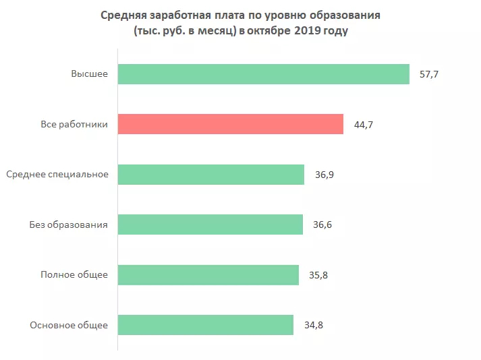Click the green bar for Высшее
[263, 74]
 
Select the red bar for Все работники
[230, 124]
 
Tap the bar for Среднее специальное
[210, 175]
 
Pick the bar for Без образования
[210, 224]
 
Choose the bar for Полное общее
[208, 275]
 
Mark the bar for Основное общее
[205, 325]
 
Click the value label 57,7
[429, 74]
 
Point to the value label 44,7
[363, 124]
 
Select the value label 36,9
[324, 175]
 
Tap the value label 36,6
[322, 224]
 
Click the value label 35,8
[318, 275]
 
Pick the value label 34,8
[313, 325]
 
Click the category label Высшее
[89, 74]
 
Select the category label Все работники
[74, 124]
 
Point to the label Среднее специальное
[57, 175]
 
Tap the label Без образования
[68, 224]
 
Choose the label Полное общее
[74, 275]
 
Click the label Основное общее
[69, 325]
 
